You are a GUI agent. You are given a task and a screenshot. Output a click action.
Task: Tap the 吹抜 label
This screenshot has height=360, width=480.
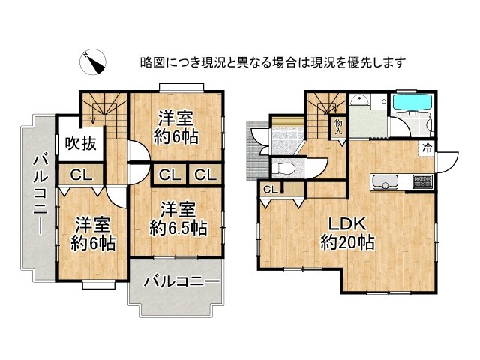pos(79,143)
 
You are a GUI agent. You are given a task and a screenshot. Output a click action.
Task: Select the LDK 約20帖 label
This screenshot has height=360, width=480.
pos(347,232)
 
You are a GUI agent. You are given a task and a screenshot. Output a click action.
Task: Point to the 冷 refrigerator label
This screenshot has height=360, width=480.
pos(427,149)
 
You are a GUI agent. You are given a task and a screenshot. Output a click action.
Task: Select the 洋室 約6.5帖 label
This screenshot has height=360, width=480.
pos(178,217)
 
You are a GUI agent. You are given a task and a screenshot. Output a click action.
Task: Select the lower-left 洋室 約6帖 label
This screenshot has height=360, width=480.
pos(93,233)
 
